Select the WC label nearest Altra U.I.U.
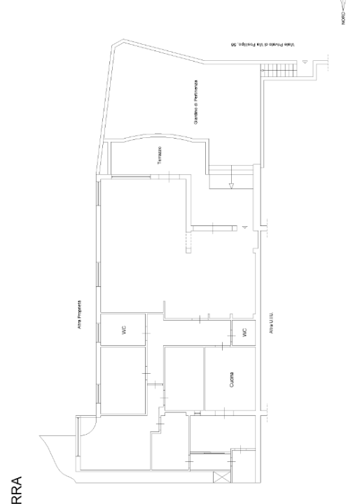[x=244, y=333]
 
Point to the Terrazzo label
[x=160, y=155]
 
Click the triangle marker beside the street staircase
[x=305, y=64]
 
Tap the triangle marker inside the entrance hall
[x=244, y=228]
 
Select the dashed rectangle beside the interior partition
[x=186, y=242]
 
